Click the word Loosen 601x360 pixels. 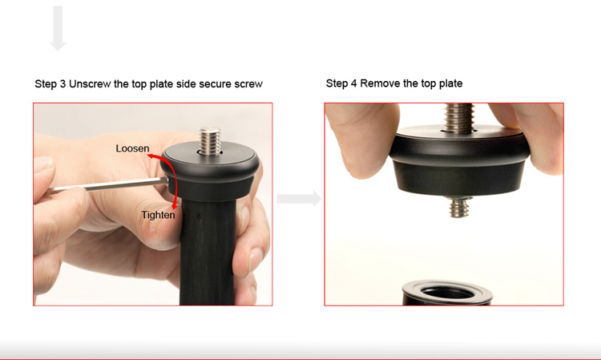click(x=132, y=148)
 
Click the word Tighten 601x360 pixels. click(x=158, y=215)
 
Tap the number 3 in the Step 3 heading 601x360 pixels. click(x=63, y=84)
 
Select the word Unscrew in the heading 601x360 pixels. click(x=90, y=84)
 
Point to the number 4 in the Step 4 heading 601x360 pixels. click(x=353, y=83)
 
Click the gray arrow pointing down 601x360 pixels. click(x=58, y=28)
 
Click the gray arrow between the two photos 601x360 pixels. click(x=300, y=199)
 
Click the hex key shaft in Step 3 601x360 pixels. click(x=107, y=184)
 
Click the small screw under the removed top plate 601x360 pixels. click(x=459, y=207)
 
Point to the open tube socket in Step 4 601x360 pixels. click(x=447, y=293)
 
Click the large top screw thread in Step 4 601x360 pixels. click(x=458, y=118)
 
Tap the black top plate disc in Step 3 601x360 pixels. click(x=210, y=172)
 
